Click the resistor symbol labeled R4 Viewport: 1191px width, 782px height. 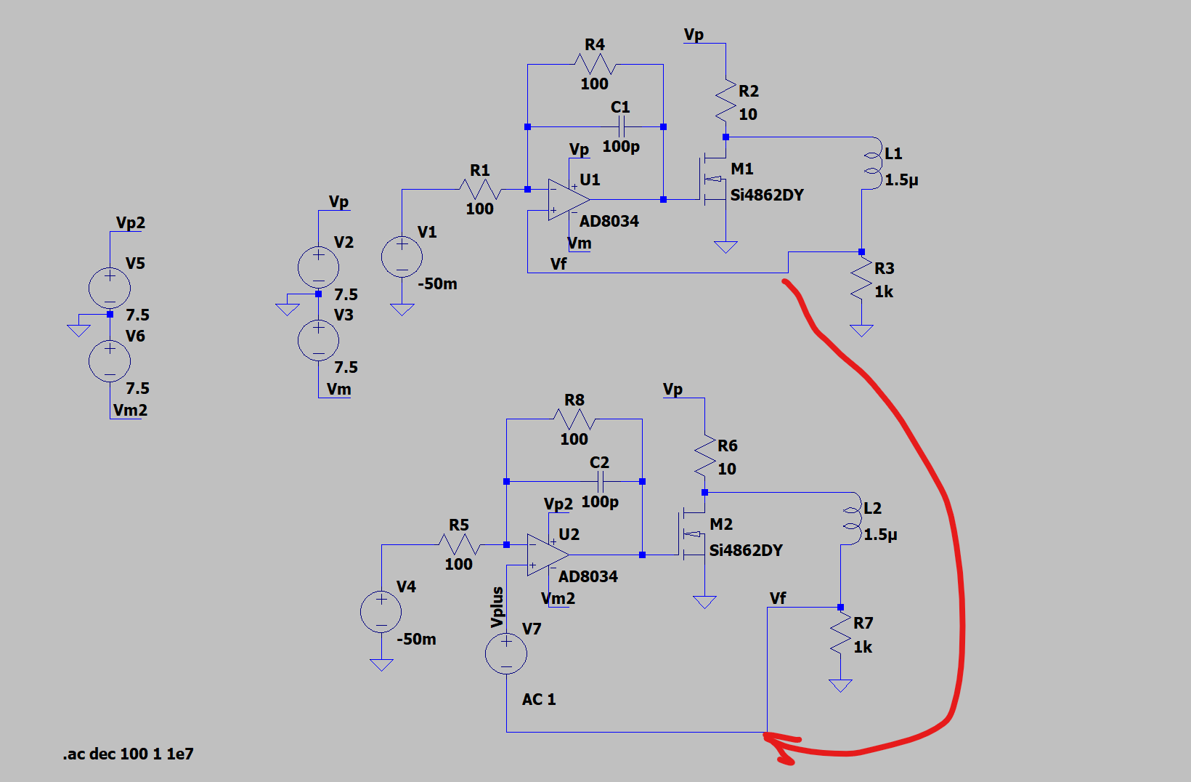595,65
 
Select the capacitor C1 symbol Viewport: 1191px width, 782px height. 621,126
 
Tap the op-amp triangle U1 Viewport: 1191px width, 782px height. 569,199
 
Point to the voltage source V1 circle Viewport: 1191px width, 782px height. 402,257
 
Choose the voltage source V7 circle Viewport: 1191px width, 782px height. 506,654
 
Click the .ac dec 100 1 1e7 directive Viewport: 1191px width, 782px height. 128,754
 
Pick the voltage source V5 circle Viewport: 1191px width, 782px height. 110,289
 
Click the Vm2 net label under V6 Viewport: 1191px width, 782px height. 130,410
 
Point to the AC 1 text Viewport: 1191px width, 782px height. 539,699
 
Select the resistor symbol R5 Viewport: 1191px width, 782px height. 460,545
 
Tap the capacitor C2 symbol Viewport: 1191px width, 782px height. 601,481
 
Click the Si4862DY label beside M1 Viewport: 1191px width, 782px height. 767,195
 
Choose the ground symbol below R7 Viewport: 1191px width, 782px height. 841,685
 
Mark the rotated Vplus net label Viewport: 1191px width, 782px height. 497,607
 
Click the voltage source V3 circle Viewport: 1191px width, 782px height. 319,340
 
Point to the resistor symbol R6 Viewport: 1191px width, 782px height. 705,456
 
